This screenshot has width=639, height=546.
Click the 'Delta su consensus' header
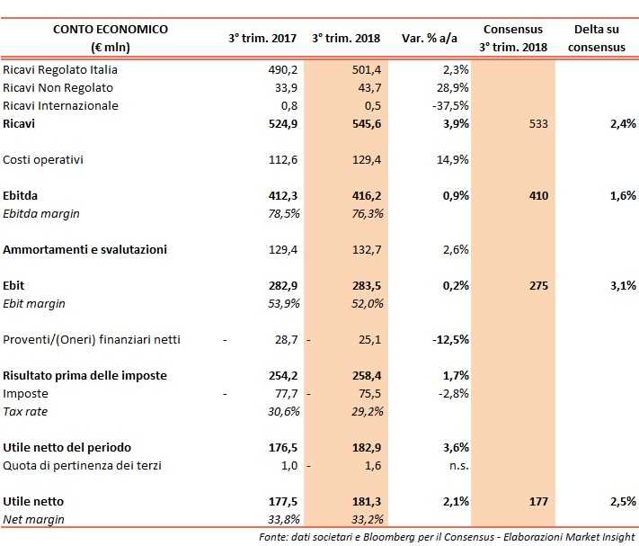pyautogui.click(x=599, y=39)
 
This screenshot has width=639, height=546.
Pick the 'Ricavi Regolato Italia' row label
pyautogui.click(x=60, y=70)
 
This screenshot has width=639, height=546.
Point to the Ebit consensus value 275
pyautogui.click(x=537, y=285)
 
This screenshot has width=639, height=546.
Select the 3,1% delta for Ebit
pyautogui.click(x=621, y=285)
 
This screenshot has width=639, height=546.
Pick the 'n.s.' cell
pyautogui.click(x=457, y=465)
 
